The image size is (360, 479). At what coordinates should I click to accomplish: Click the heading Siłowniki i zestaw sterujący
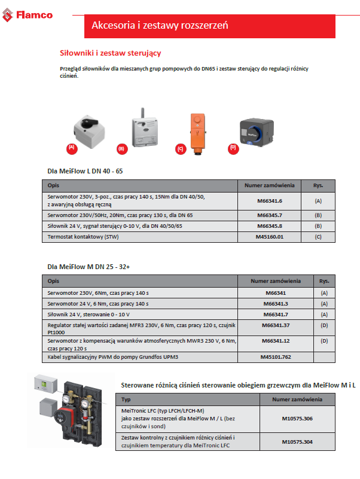[111, 53]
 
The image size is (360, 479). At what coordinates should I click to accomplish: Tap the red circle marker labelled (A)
[72, 147]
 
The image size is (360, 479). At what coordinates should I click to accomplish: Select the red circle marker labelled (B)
[121, 148]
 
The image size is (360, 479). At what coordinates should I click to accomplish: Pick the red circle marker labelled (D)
[233, 147]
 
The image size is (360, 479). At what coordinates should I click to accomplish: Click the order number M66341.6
[269, 201]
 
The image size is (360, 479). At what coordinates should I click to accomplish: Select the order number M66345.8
[269, 225]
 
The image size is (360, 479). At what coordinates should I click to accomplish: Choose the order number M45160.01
[269, 237]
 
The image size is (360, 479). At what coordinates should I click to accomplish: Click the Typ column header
[126, 399]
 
